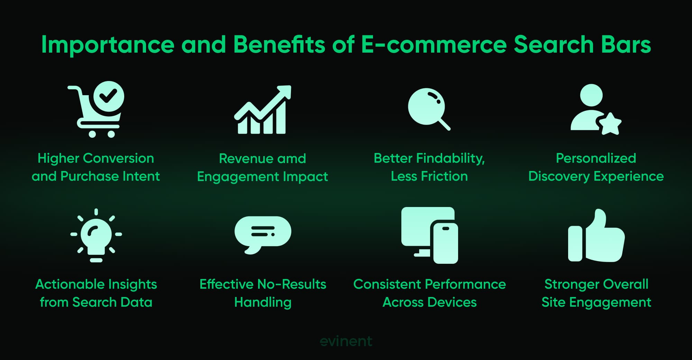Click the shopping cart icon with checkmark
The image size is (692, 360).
coord(96,109)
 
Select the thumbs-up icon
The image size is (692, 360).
coord(596,235)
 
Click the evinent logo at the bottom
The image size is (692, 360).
coord(346,341)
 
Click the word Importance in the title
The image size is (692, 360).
coord(108,45)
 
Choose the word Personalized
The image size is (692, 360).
coord(596,158)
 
